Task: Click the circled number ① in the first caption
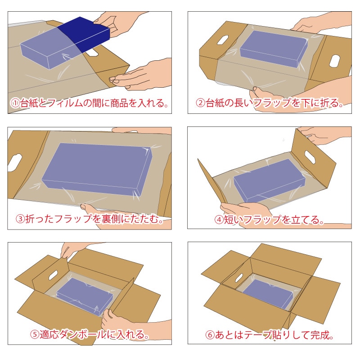pos(14,103)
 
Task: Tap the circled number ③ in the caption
pos(20,220)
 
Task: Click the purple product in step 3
pos(97,167)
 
